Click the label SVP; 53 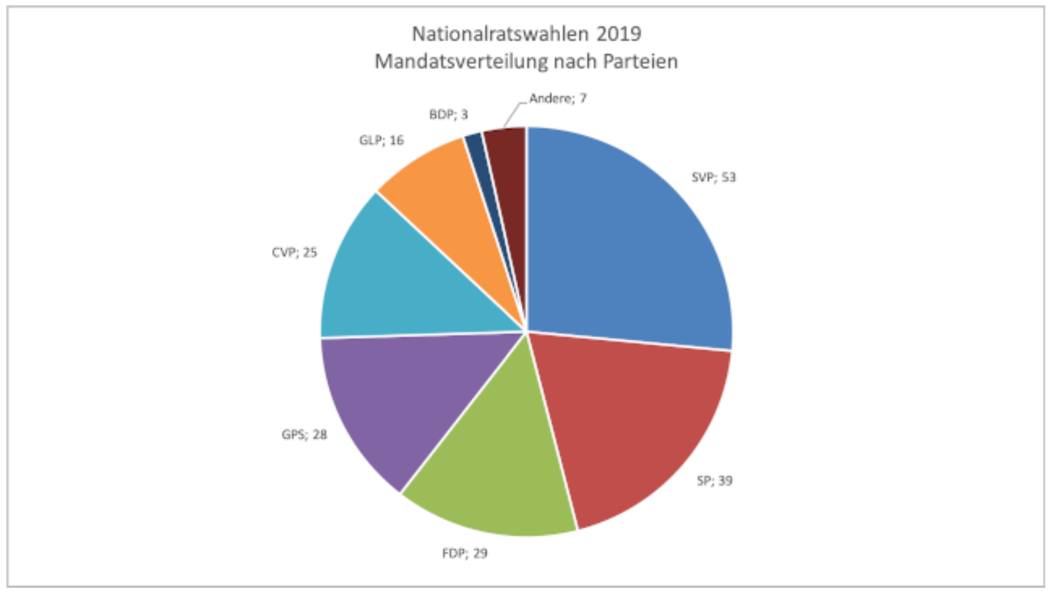(714, 177)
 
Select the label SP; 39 (714, 481)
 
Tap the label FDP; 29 (464, 554)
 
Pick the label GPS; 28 (304, 434)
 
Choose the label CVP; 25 (295, 252)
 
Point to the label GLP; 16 (381, 140)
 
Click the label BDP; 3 (448, 115)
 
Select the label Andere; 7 (558, 98)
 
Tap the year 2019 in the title (618, 34)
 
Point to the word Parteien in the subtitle (640, 62)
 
